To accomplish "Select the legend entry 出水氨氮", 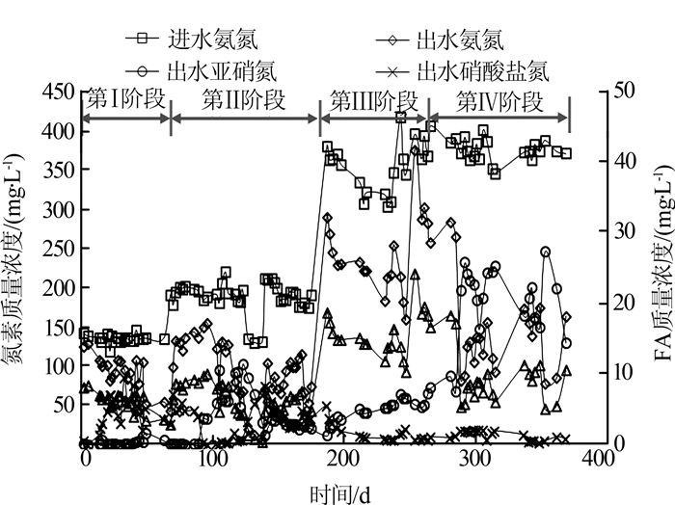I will click(x=452, y=40).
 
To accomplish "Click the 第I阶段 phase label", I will click(x=126, y=99).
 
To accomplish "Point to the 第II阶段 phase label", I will click(x=244, y=99).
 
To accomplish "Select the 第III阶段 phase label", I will click(x=373, y=99).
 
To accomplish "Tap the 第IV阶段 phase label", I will click(x=499, y=99).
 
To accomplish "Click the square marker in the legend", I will click(x=142, y=40).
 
